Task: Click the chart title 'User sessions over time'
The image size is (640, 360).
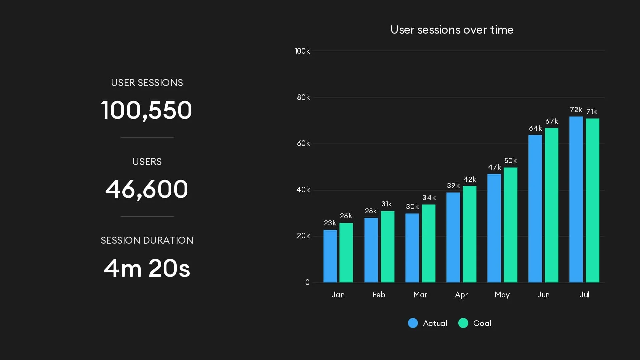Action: pyautogui.click(x=452, y=30)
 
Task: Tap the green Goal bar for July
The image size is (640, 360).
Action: pyautogui.click(x=592, y=200)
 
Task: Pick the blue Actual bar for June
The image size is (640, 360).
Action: pyautogui.click(x=535, y=209)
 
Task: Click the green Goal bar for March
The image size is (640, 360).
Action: pyautogui.click(x=428, y=243)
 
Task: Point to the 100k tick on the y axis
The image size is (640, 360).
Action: pyautogui.click(x=302, y=51)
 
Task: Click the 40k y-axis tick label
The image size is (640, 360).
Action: pyautogui.click(x=303, y=190)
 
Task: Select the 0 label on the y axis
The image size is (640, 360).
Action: pyautogui.click(x=307, y=282)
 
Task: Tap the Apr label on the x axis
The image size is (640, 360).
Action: pyautogui.click(x=461, y=295)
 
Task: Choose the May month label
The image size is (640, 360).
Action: pyautogui.click(x=502, y=295)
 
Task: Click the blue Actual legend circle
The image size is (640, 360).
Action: pyautogui.click(x=413, y=323)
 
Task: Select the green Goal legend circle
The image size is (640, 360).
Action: pyautogui.click(x=463, y=323)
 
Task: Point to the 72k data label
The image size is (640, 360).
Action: pyautogui.click(x=576, y=110)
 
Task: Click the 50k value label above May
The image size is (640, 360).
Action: pyautogui.click(x=510, y=161)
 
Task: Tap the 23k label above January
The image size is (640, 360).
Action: pyautogui.click(x=330, y=223)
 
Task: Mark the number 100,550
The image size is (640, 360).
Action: pyautogui.click(x=147, y=110)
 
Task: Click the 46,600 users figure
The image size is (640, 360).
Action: pyautogui.click(x=147, y=189)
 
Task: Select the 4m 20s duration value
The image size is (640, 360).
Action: pyautogui.click(x=147, y=268)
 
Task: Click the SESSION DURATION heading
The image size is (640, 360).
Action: pyautogui.click(x=147, y=240)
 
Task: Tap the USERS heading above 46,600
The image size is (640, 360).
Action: pyautogui.click(x=147, y=162)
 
